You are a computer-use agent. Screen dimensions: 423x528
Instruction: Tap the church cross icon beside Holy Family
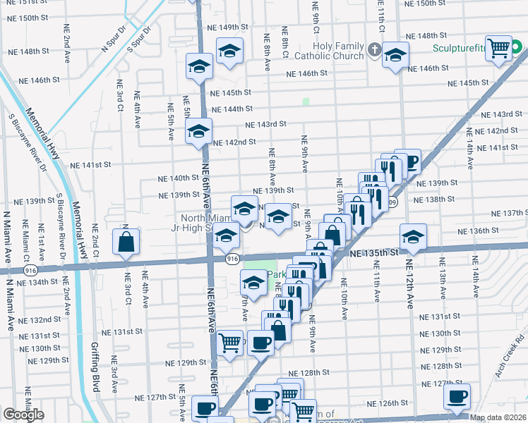click(373, 51)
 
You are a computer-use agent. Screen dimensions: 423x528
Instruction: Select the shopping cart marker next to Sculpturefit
click(499, 48)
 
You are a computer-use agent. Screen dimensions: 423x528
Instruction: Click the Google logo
click(23, 415)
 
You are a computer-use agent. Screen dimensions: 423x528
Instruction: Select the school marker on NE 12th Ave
click(412, 235)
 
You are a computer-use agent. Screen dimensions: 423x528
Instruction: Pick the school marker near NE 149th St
click(229, 51)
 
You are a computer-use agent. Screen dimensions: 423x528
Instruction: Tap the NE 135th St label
click(370, 252)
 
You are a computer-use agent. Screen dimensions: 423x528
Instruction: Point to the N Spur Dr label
click(113, 40)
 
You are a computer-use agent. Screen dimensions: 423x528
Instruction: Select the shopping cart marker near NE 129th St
click(230, 343)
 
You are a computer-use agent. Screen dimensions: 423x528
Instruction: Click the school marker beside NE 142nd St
click(198, 131)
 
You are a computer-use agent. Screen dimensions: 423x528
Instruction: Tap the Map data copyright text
click(498, 417)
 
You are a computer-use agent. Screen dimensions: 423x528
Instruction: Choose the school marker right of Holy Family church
click(395, 54)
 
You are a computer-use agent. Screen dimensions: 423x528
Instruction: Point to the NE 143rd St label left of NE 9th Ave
click(265, 124)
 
